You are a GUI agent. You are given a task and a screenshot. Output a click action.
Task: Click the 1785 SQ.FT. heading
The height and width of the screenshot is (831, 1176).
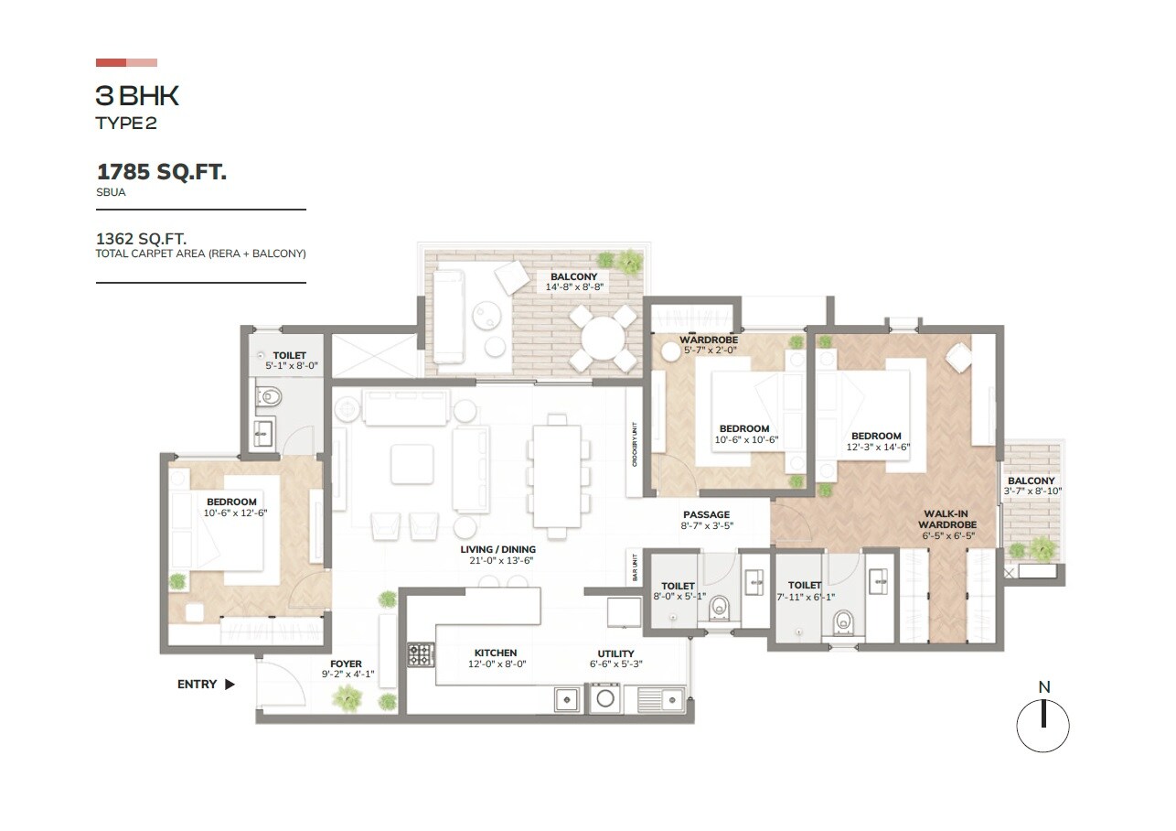[x=161, y=171]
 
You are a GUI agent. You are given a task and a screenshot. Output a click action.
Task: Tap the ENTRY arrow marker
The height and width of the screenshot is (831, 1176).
[x=230, y=684]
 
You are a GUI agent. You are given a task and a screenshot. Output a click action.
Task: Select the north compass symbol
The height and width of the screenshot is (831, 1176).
[x=1043, y=725]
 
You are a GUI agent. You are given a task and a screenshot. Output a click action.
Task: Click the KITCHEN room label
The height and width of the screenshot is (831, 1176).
[x=496, y=653]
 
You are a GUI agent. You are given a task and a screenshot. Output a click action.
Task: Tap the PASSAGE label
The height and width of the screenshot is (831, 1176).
[x=707, y=515]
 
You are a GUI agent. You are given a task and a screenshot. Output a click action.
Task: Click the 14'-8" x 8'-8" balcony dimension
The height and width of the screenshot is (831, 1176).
[x=574, y=287]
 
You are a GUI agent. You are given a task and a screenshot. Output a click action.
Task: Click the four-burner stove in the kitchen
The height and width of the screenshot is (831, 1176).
[x=421, y=653]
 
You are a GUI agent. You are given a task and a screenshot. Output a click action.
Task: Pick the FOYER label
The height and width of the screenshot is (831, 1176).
[x=346, y=664]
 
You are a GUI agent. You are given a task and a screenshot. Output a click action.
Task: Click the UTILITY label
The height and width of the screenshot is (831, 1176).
[x=615, y=653]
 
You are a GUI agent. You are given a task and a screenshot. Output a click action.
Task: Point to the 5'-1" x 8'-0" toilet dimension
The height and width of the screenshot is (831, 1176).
[x=289, y=367]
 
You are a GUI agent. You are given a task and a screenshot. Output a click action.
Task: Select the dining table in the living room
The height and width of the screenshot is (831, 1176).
[x=557, y=476]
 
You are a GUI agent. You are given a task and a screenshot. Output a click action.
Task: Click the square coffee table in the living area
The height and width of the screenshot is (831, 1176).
[x=412, y=464]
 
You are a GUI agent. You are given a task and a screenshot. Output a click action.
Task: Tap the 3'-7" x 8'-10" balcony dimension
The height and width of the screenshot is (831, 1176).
[x=1032, y=491]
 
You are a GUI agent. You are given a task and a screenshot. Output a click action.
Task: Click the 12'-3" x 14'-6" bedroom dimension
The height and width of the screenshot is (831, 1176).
[x=876, y=448]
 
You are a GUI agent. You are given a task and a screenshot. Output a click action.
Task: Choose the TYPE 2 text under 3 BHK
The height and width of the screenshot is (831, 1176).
[x=126, y=124]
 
